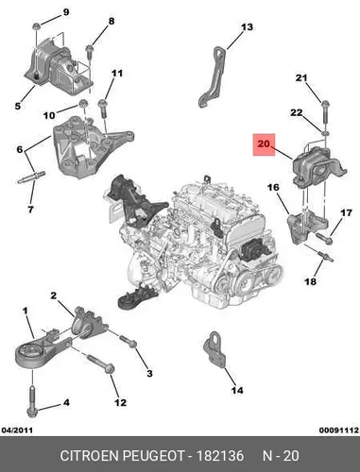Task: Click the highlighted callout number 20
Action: [264, 144]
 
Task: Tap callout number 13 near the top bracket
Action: [247, 27]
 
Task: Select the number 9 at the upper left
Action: [66, 12]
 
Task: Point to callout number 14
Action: [237, 390]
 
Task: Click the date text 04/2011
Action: [17, 430]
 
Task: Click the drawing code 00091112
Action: [339, 430]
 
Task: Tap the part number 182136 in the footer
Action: [220, 456]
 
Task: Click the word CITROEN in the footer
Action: [90, 456]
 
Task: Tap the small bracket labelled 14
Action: [214, 348]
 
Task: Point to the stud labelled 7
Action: [31, 177]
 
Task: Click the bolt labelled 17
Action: [324, 238]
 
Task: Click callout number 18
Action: [311, 280]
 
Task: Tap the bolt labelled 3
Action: [128, 342]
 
